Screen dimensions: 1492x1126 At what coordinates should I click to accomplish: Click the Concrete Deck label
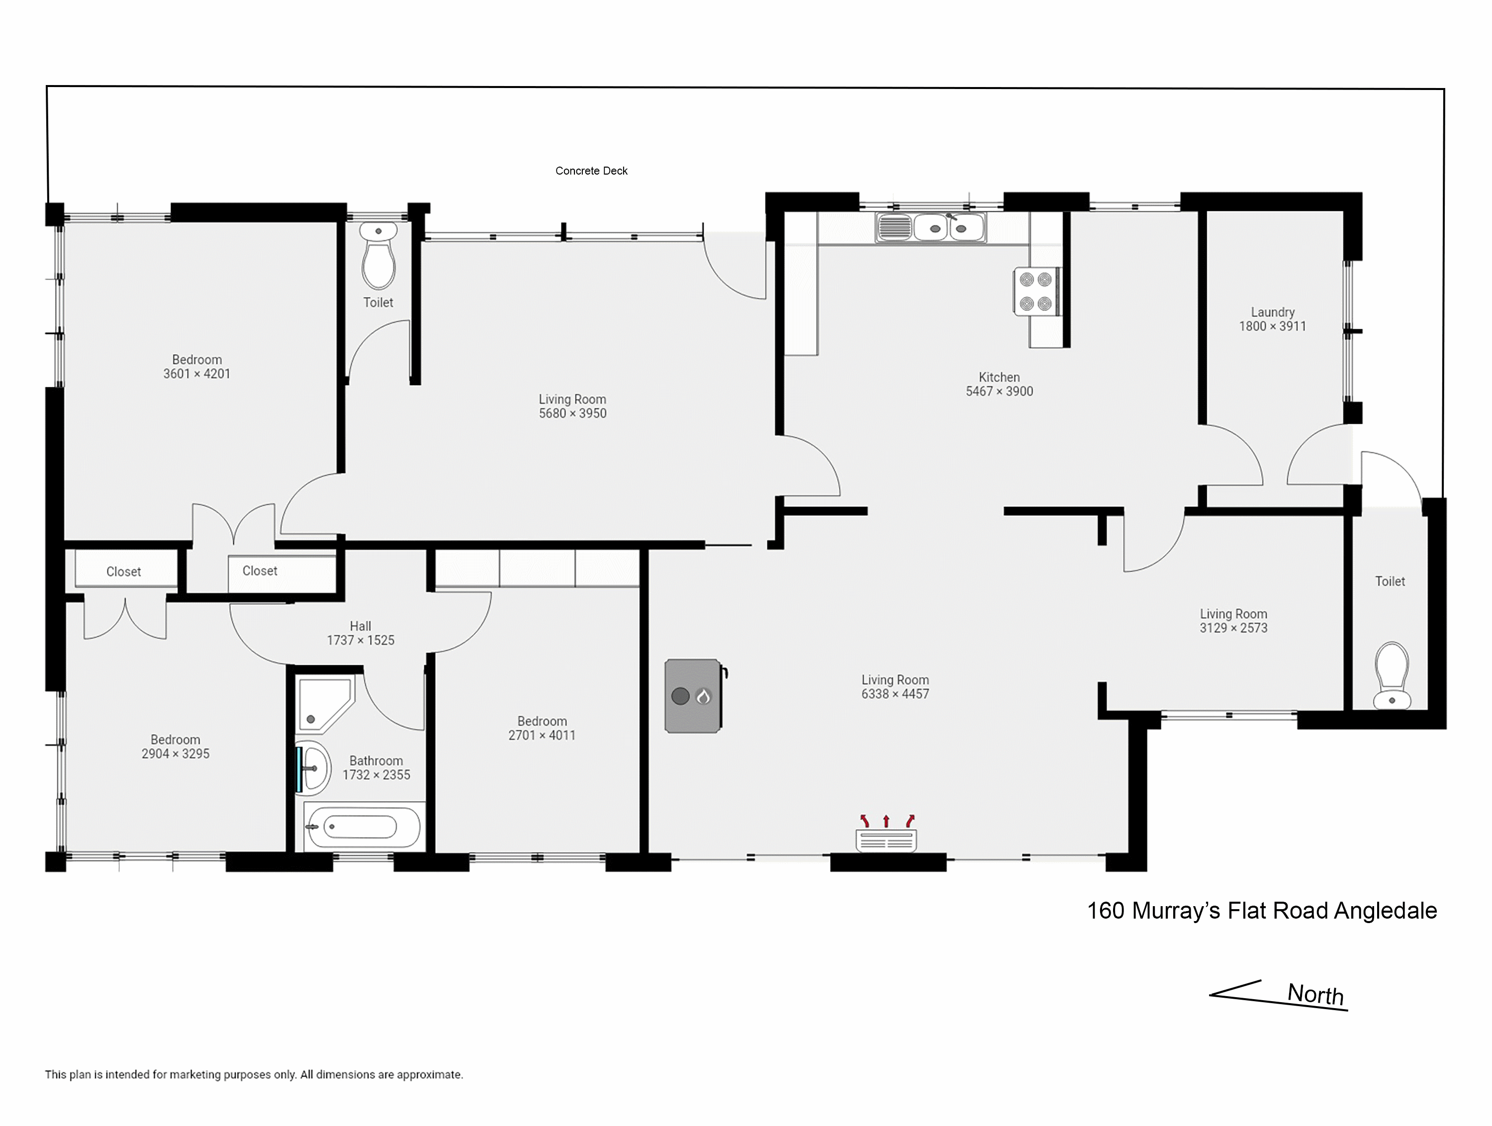[591, 171]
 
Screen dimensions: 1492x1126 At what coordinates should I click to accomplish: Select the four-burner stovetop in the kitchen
[1036, 291]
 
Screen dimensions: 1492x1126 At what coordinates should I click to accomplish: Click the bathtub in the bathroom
[362, 827]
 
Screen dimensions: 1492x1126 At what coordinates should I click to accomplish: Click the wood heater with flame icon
[693, 696]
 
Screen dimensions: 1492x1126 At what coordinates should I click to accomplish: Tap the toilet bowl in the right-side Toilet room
[1392, 675]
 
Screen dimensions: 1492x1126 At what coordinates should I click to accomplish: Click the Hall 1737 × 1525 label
[361, 633]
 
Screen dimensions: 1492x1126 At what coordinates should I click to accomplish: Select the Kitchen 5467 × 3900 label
[999, 384]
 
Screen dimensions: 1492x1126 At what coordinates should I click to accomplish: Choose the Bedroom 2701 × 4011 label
[542, 728]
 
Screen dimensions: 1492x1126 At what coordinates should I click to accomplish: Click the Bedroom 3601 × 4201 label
[196, 367]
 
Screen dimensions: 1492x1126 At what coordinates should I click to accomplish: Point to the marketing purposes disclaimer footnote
[254, 1075]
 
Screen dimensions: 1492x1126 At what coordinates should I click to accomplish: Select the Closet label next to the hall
[260, 571]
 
